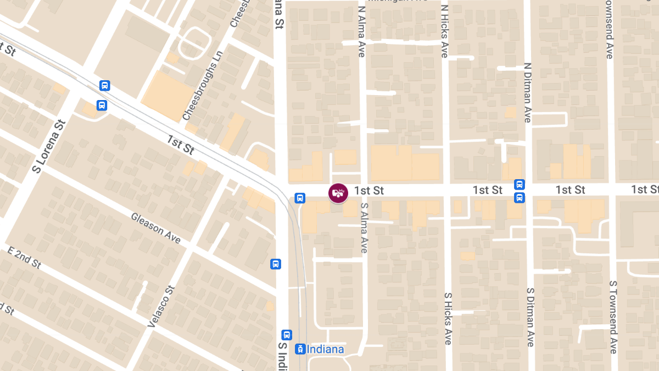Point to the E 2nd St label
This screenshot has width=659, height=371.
point(25,257)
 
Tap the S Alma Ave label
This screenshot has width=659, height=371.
point(364,227)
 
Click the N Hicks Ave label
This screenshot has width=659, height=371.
point(444,32)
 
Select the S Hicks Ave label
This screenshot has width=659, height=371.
point(448,318)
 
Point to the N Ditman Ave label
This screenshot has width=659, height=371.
point(527,92)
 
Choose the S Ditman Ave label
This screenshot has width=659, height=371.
point(530,317)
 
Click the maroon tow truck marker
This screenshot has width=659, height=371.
point(338,193)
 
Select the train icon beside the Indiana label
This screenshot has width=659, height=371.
point(300,349)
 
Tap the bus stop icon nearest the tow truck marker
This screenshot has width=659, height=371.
point(299,198)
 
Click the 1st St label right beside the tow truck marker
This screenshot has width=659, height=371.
point(369,190)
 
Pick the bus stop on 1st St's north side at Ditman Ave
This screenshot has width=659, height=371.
point(519,184)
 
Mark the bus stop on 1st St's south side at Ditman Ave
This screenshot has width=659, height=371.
point(519,197)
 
